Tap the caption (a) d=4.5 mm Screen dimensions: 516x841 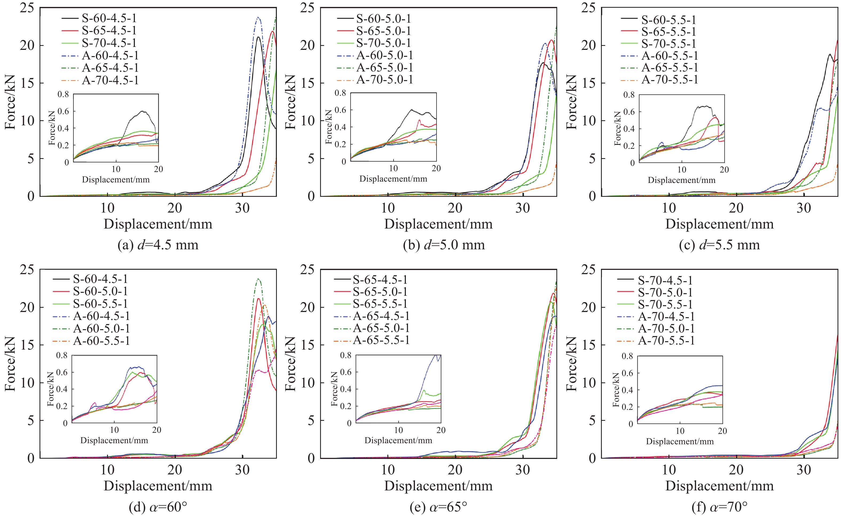(x=158, y=245)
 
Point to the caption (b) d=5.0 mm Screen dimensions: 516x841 (x=444, y=245)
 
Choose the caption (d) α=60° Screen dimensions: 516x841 (x=158, y=507)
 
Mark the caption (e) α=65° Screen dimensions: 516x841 (x=438, y=507)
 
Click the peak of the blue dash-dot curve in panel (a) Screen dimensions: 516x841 (x=258, y=17)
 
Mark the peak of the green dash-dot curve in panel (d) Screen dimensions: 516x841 (x=258, y=279)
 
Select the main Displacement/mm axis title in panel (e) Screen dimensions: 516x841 (x=438, y=486)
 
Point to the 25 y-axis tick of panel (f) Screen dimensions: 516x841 (x=588, y=270)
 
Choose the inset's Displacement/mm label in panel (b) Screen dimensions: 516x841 (x=393, y=179)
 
